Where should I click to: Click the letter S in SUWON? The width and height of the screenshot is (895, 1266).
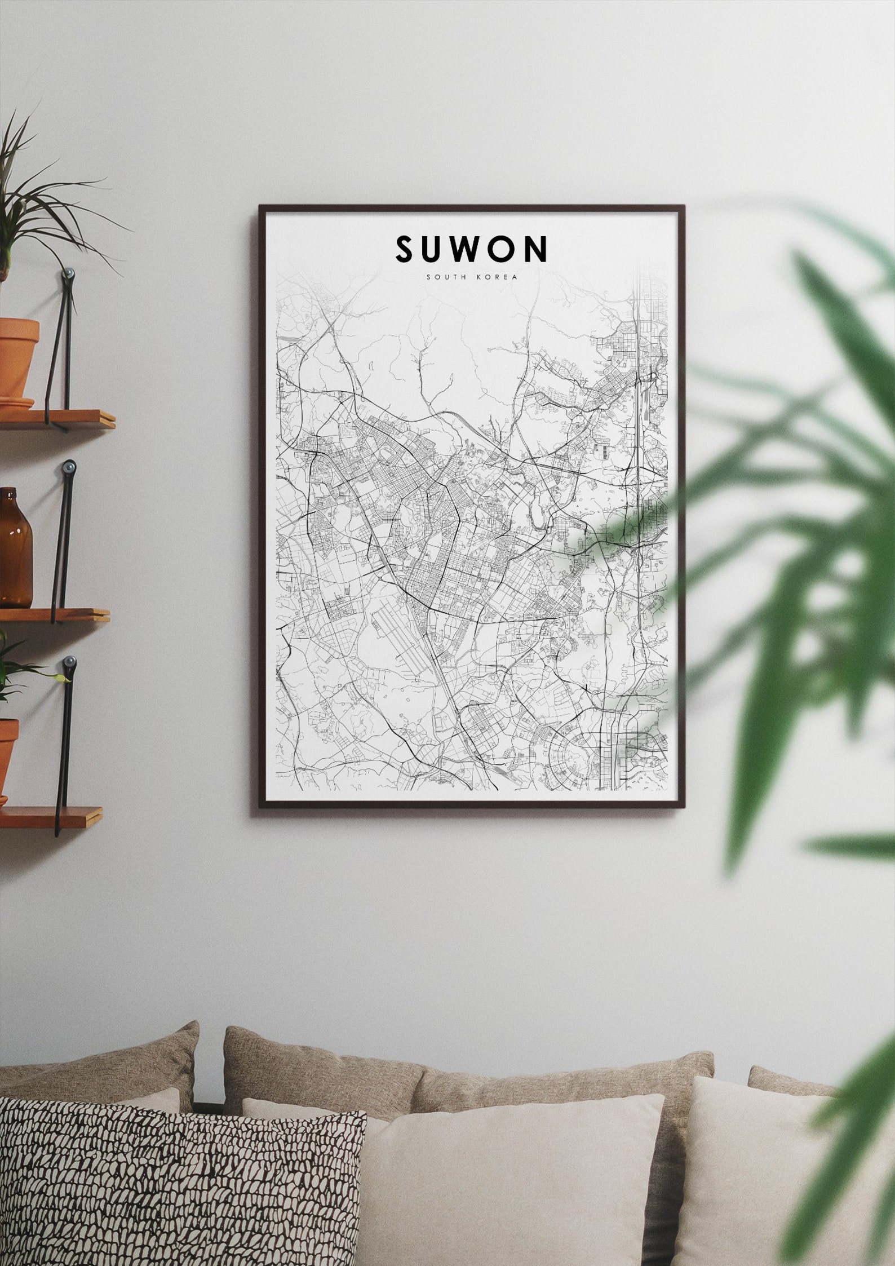tap(407, 249)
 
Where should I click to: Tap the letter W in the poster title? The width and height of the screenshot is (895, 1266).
tap(470, 249)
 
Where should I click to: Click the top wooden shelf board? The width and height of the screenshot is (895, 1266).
tap(56, 418)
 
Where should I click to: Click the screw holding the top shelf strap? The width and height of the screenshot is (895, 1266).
tap(68, 274)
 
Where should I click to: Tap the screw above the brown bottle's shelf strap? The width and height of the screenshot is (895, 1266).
tap(69, 467)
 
